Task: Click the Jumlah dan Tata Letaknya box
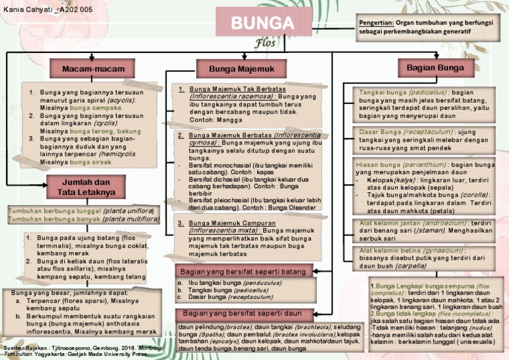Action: coord(87,187)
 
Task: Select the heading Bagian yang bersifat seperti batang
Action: coord(245,272)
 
